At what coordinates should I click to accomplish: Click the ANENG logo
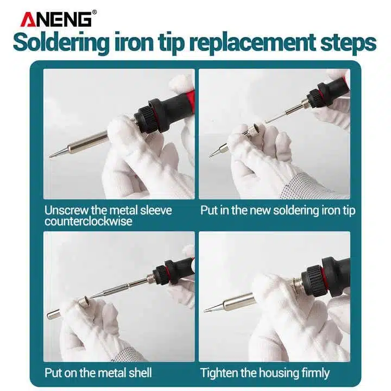point(56,19)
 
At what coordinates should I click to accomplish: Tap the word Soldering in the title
point(61,43)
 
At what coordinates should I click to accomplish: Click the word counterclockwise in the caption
point(89,221)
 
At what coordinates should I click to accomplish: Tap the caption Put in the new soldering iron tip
point(278,211)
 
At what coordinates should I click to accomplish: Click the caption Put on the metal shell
point(98,373)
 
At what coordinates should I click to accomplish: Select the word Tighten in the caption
point(219,373)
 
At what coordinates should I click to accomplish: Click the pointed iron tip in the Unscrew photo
point(59,152)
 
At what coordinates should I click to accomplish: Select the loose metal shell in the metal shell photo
point(54,314)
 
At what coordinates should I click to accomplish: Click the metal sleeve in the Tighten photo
point(239,302)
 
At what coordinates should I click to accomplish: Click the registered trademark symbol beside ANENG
point(94,12)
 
